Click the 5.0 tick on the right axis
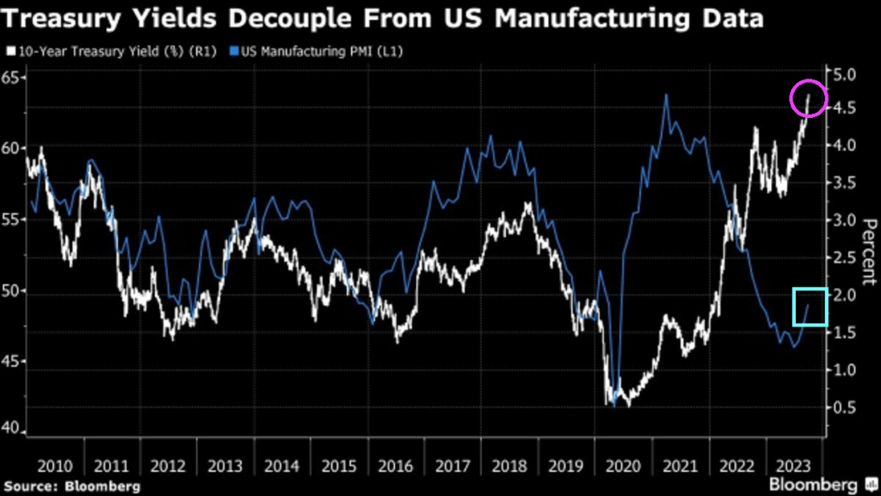pos(843,75)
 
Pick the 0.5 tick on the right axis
pos(843,407)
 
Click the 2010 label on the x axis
pos(55,466)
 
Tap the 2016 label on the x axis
pos(395,466)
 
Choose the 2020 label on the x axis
pos(623,466)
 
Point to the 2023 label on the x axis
pos(792,466)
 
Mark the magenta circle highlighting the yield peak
pos(809,99)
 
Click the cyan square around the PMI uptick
pos(810,307)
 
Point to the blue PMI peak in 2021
pos(666,95)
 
